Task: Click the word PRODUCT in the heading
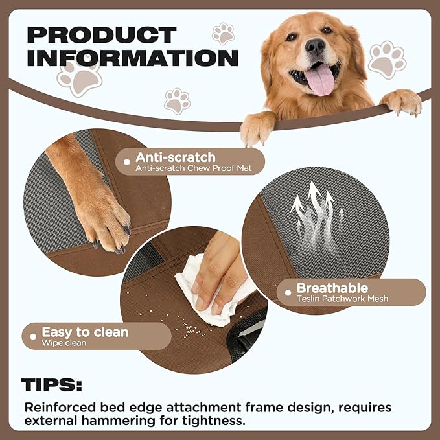coord(102,34)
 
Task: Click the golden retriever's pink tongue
coord(319,79)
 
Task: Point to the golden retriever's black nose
coord(315,45)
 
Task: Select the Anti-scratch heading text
coord(175,157)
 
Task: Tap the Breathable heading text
coord(332,288)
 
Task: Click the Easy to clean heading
coord(85,332)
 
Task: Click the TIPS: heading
coord(52,386)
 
